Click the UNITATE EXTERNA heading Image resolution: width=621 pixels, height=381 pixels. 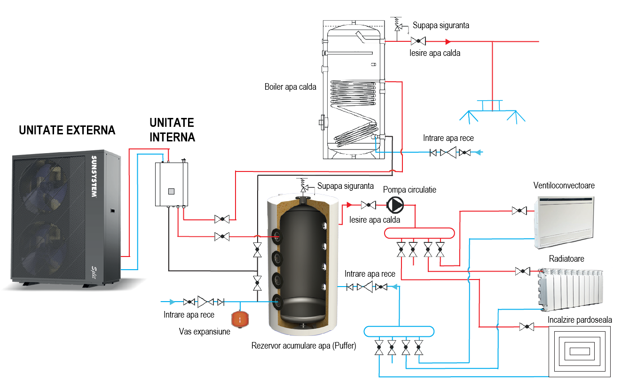(67, 131)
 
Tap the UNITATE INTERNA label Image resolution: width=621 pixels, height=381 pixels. (172, 130)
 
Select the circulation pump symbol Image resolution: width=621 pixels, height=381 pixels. (395, 205)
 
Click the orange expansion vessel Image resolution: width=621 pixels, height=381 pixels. (240, 319)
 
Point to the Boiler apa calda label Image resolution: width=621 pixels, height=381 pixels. (290, 87)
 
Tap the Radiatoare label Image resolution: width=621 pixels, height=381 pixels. (566, 259)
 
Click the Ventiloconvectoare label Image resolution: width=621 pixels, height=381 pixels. (564, 186)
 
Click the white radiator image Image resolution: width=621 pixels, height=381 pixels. (570, 289)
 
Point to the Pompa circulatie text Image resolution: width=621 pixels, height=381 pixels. (409, 190)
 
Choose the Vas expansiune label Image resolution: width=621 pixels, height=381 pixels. (204, 332)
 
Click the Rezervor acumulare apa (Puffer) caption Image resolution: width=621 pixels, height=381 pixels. (304, 346)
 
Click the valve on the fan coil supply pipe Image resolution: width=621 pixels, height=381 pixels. (519, 211)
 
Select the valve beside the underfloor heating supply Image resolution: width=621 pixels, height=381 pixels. (527, 327)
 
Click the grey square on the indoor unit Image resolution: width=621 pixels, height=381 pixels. (172, 191)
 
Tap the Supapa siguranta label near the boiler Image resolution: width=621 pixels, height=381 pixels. (440, 25)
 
